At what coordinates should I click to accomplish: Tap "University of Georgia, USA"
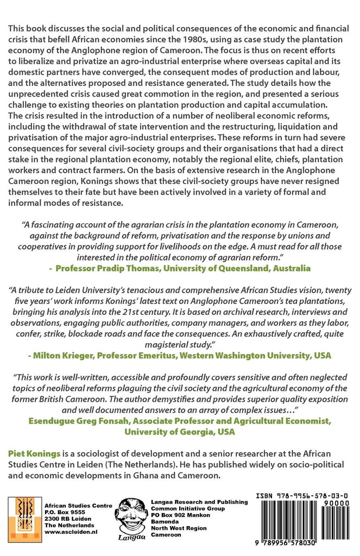(x=180, y=432)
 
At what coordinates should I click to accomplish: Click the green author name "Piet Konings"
(x=37, y=453)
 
